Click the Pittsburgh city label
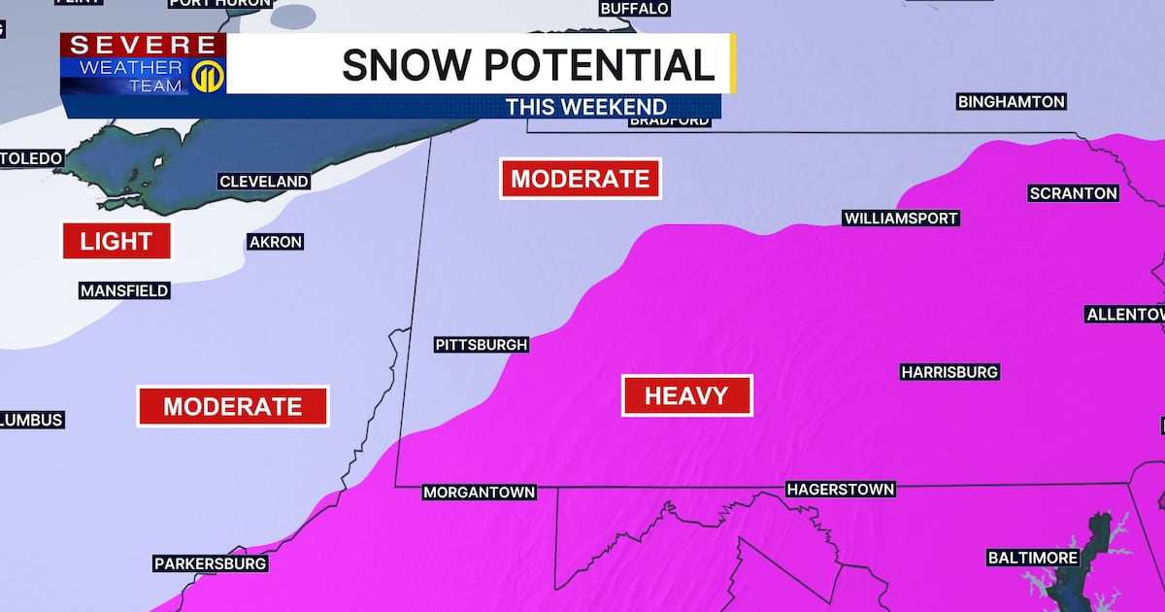click(482, 345)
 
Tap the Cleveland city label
click(264, 182)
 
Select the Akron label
click(276, 242)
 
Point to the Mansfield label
click(124, 290)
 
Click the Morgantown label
click(480, 493)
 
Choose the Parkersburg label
click(211, 563)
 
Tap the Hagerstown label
click(840, 490)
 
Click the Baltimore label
click(1033, 558)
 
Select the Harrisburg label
click(949, 372)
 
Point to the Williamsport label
click(900, 219)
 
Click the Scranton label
click(1073, 193)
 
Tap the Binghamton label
click(1012, 102)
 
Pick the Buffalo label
click(635, 9)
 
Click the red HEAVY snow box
click(687, 395)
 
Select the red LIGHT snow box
click(116, 241)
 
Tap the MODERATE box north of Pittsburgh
click(580, 179)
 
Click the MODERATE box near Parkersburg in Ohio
click(233, 406)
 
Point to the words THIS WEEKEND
click(585, 107)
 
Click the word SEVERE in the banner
click(143, 45)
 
